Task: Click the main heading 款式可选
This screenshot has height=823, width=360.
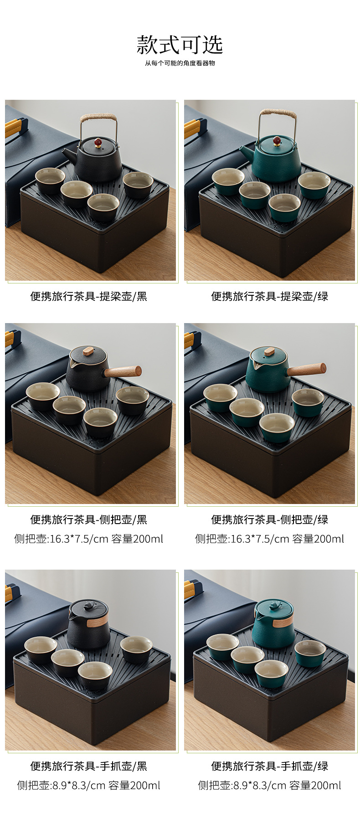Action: pyautogui.click(x=180, y=45)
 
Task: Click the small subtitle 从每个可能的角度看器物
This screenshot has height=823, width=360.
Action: pyautogui.click(x=180, y=63)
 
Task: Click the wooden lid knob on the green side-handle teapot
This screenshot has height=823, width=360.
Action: pyautogui.click(x=269, y=351)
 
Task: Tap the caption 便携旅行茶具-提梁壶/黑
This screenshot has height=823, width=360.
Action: pyautogui.click(x=89, y=297)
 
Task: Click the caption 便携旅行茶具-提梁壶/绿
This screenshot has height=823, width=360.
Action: pyautogui.click(x=269, y=297)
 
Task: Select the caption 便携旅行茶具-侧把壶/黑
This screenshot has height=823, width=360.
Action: pyautogui.click(x=89, y=520)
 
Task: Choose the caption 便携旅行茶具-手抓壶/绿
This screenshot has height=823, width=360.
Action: pyautogui.click(x=269, y=766)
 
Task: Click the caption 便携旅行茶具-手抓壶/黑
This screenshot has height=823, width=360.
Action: pyautogui.click(x=89, y=766)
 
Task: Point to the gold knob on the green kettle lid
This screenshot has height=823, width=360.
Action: pyautogui.click(x=276, y=139)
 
